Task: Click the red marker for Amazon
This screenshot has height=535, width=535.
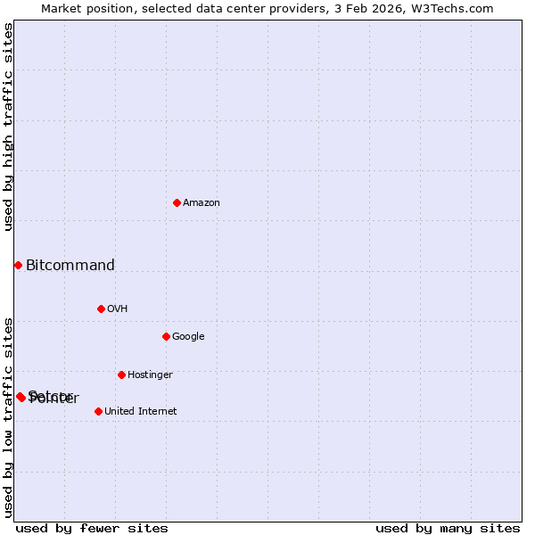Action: point(177,202)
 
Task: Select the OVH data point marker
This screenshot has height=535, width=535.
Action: point(101,309)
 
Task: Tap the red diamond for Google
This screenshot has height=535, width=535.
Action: point(166,336)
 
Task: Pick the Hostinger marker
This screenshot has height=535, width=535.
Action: point(121,374)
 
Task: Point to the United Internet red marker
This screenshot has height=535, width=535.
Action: point(98,411)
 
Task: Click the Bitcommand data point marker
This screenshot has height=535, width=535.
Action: point(18,265)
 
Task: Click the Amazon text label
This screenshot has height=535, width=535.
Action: point(202,202)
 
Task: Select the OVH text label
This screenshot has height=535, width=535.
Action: point(118,309)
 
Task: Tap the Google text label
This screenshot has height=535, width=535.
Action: point(188,336)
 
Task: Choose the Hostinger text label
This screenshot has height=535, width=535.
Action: point(150,374)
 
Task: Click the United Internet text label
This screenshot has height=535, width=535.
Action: point(140,411)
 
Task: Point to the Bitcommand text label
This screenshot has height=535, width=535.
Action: point(70,265)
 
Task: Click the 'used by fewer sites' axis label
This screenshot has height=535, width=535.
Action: point(92,528)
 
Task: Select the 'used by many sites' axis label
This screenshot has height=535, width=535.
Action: point(448,528)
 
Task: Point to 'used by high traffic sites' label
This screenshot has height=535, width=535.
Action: point(8,127)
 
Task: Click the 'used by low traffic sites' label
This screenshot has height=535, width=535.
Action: point(8,416)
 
